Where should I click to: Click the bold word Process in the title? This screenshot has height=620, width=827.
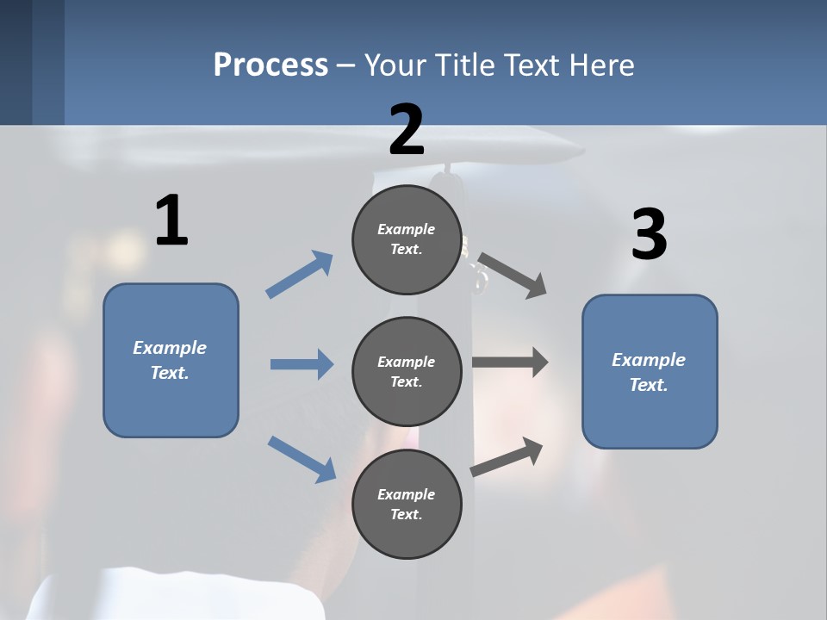pos(270,65)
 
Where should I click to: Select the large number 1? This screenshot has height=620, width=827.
pos(171,220)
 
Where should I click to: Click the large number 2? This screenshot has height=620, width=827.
pos(407,129)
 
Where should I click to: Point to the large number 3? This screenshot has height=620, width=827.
pos(649,234)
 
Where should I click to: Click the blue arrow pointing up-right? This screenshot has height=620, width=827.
pos(300,275)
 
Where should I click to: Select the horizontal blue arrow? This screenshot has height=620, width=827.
pos(302,364)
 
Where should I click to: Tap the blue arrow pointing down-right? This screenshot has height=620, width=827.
pos(302,458)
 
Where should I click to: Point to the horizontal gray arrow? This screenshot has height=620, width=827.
pos(510,363)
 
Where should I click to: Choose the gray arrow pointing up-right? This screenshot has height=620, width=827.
pos(507,457)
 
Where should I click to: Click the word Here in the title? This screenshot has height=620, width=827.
pos(601,65)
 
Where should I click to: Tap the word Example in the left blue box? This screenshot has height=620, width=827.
pos(170,348)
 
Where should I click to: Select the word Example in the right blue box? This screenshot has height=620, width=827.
pos(649,360)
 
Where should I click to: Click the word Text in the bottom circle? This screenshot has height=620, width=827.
pos(405,514)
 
